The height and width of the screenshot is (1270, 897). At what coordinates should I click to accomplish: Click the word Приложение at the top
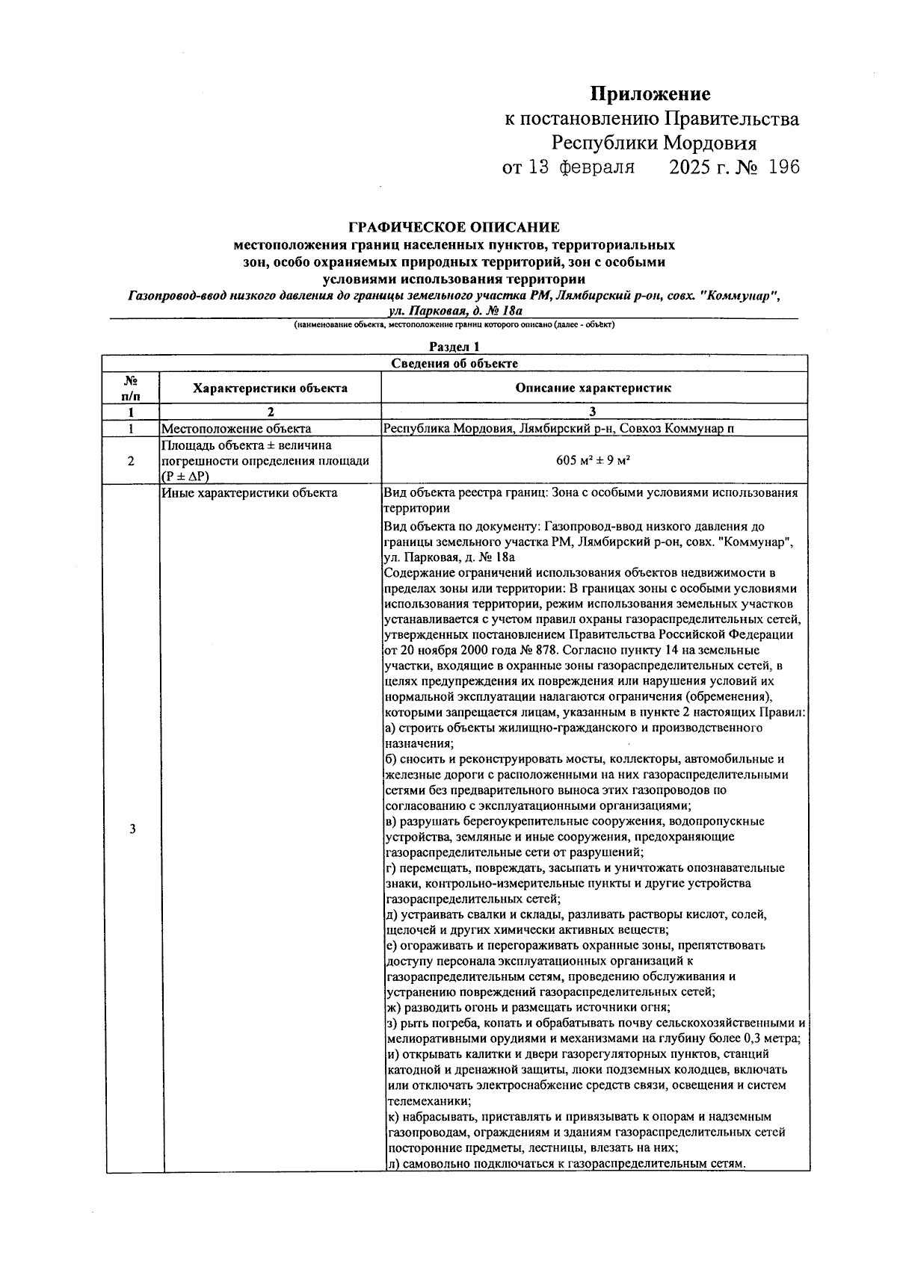650,94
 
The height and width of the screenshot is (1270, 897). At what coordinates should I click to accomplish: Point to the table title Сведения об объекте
454,363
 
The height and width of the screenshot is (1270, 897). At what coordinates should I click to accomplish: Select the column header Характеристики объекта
270,388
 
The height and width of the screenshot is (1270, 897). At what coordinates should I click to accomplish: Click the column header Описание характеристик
594,388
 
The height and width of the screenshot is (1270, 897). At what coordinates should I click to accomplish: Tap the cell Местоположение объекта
236,429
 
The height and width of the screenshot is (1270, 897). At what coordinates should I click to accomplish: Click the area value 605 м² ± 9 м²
594,460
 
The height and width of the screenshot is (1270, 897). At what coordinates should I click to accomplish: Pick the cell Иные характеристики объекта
250,492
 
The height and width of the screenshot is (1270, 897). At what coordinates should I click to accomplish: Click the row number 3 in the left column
132,829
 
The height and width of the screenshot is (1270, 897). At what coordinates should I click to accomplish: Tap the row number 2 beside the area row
131,461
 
